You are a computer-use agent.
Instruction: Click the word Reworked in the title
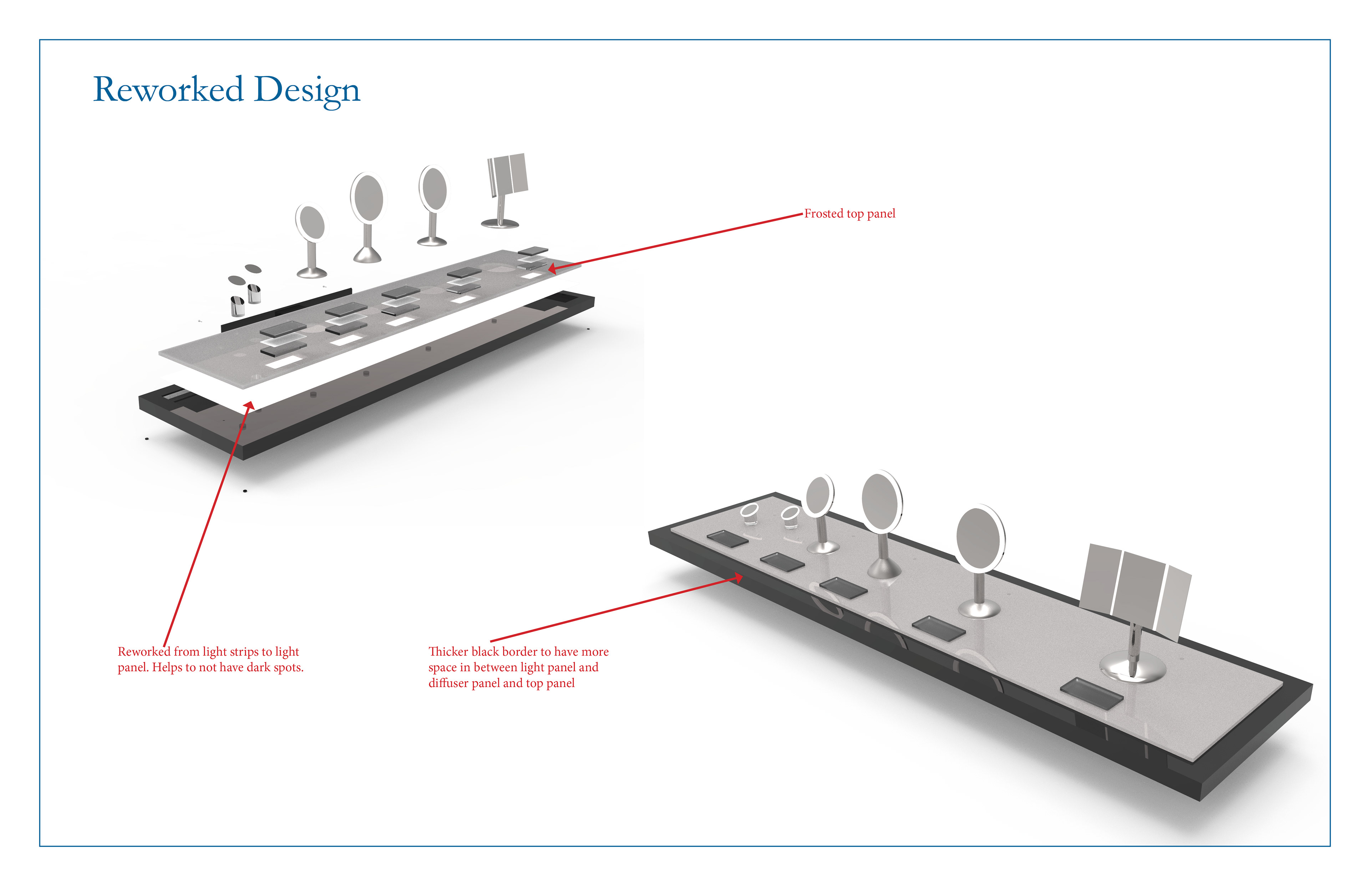pyautogui.click(x=168, y=90)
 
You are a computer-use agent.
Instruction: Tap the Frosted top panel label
pyautogui.click(x=849, y=214)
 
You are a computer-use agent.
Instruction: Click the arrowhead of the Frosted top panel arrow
pyautogui.click(x=552, y=268)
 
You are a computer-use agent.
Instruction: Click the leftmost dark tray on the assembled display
pyautogui.click(x=727, y=538)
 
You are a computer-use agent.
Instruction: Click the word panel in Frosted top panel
pyautogui.click(x=881, y=214)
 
